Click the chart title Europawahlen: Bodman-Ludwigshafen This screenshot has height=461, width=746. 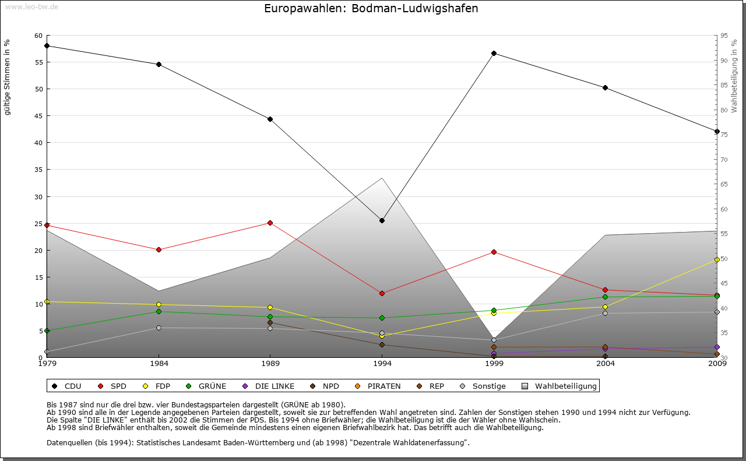(x=371, y=9)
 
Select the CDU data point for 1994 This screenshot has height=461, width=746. (x=382, y=220)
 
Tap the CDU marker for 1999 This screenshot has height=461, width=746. (x=494, y=53)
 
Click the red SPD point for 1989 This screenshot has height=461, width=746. (x=270, y=223)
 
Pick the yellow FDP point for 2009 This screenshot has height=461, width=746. (x=717, y=260)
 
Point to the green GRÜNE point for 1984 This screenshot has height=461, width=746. (x=159, y=311)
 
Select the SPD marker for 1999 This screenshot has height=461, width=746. (x=494, y=252)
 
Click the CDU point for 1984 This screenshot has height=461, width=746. (x=159, y=64)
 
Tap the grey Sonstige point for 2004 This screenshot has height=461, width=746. (x=606, y=313)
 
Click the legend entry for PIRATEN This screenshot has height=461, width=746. (x=378, y=386)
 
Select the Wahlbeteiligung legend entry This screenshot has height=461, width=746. (x=559, y=386)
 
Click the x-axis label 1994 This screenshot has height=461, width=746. (x=382, y=364)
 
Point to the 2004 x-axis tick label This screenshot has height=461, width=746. (x=606, y=364)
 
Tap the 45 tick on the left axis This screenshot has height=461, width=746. (x=38, y=116)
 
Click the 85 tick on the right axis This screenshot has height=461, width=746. (x=723, y=85)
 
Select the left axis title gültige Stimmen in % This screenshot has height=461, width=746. (x=8, y=77)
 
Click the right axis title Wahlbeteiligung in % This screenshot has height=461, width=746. (x=734, y=76)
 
